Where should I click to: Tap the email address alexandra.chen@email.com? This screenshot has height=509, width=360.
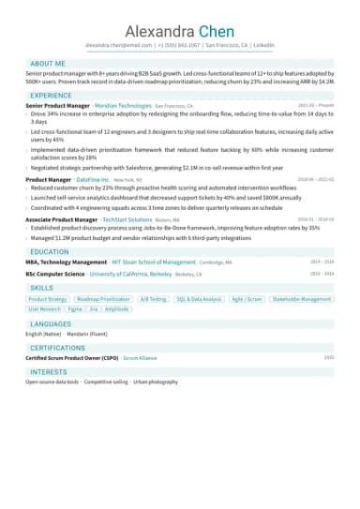(118, 45)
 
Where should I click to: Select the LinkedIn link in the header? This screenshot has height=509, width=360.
(263, 45)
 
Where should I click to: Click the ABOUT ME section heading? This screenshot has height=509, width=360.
(48, 63)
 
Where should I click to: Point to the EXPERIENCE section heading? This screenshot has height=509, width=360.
(51, 96)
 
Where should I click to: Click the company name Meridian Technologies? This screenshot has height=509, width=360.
(123, 107)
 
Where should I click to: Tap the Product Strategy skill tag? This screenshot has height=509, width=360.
(48, 299)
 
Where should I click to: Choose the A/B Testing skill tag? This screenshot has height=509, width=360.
(152, 299)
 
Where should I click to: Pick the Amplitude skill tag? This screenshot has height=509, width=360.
(116, 308)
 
